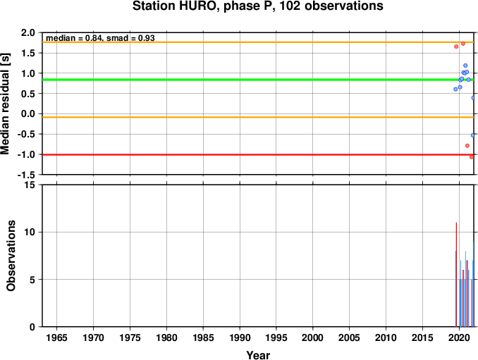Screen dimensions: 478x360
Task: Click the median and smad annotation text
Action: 100,38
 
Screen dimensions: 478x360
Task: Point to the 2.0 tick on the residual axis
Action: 28,32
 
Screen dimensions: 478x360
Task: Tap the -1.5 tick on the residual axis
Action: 26,175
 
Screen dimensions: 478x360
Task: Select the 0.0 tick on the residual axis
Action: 28,114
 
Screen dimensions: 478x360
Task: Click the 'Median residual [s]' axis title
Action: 5,104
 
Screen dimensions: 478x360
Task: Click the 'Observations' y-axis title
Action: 11,256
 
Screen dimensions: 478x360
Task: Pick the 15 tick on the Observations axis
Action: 30,185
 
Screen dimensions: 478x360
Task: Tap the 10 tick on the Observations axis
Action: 30,232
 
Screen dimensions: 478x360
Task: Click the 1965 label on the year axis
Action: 56,337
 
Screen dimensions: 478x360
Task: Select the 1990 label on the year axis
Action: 240,337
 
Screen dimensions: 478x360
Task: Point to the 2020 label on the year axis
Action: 459,337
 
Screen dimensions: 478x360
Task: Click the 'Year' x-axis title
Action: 258,355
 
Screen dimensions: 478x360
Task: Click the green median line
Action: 258,80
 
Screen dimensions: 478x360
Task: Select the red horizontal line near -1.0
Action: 258,155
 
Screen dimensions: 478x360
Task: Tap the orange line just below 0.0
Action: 258,117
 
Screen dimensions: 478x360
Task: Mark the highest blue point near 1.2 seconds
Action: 465,66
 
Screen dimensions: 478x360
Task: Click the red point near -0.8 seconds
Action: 467,146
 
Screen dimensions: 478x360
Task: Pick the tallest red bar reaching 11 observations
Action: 456,275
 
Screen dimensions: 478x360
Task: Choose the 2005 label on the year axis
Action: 350,337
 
